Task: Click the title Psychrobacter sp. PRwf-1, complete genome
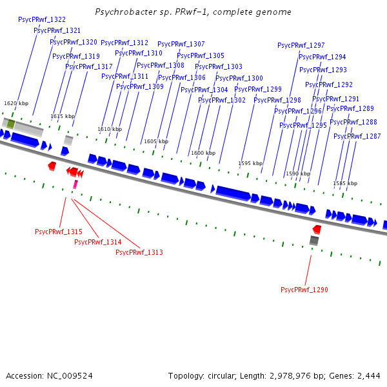pyautogui.click(x=193, y=12)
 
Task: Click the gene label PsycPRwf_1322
pyautogui.click(x=42, y=20)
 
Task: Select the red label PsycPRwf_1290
pyautogui.click(x=304, y=290)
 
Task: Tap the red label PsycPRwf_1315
pyautogui.click(x=59, y=232)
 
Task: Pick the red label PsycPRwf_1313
pyautogui.click(x=139, y=252)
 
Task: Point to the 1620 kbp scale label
pyautogui.click(x=16, y=103)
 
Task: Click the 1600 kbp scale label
pyautogui.click(x=203, y=153)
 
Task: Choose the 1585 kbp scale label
pyautogui.click(x=345, y=184)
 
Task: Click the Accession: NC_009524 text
pyautogui.click(x=49, y=375)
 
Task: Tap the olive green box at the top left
pyautogui.click(x=11, y=123)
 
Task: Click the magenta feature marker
pyautogui.click(x=75, y=184)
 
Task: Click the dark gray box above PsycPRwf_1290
pyautogui.click(x=314, y=241)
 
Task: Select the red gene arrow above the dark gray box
pyautogui.click(x=317, y=230)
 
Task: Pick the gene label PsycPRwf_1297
pyautogui.click(x=301, y=46)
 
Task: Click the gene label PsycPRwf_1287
pyautogui.click(x=357, y=137)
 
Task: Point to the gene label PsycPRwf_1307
pyautogui.click(x=181, y=45)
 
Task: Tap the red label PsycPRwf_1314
pyautogui.click(x=98, y=242)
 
